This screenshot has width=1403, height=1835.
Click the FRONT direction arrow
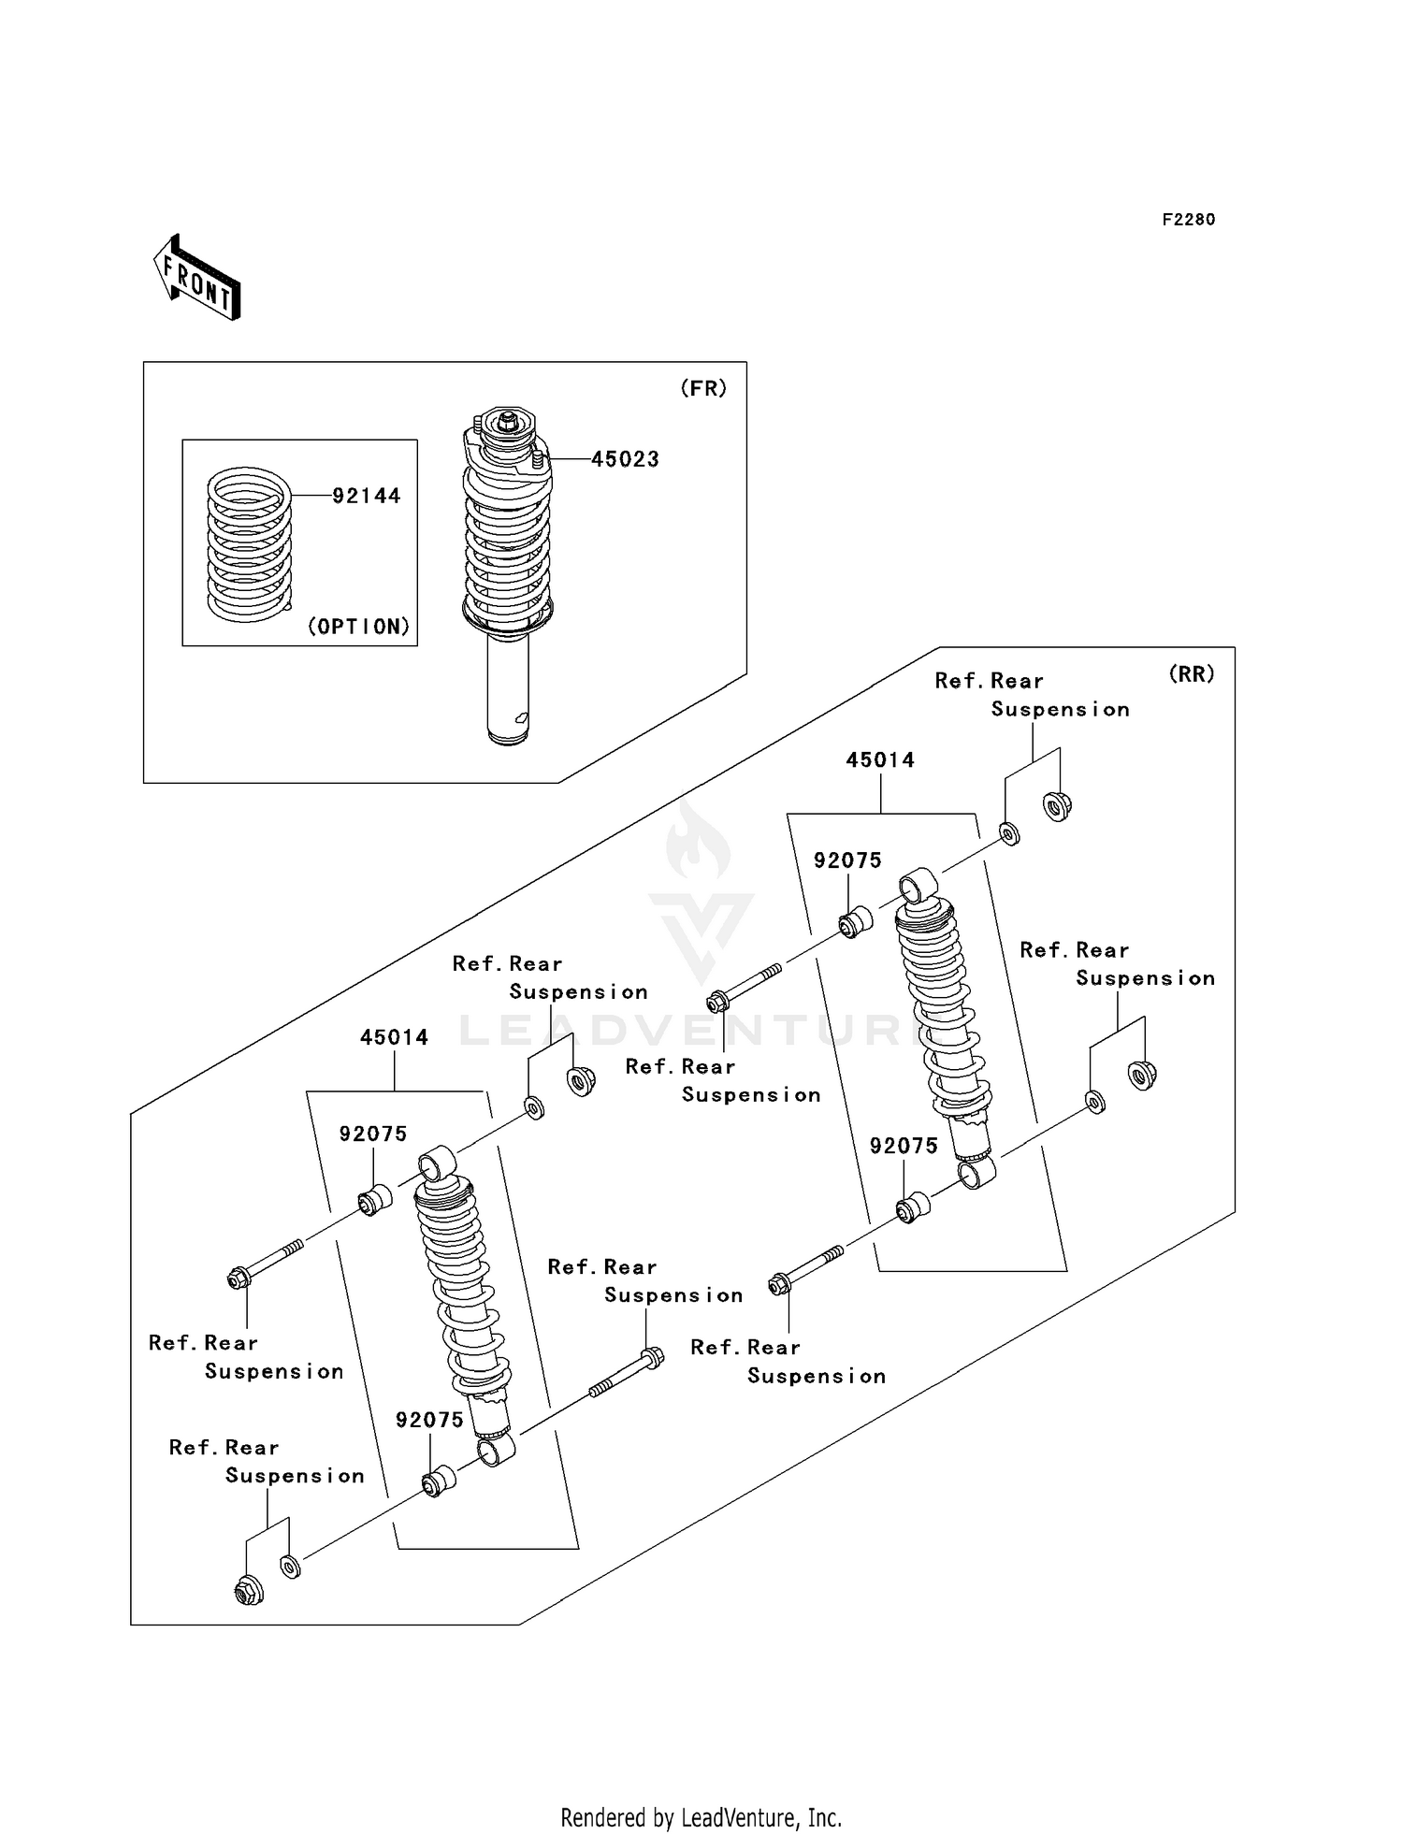[197, 279]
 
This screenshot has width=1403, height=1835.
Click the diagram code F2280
[1188, 220]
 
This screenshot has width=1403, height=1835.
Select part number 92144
[367, 496]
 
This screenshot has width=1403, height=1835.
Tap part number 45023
[625, 459]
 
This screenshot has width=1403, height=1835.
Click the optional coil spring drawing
[249, 544]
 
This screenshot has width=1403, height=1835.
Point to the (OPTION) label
[359, 627]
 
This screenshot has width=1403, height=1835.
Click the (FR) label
[702, 388]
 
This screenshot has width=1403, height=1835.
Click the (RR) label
[1191, 673]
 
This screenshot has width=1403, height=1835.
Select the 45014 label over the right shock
[880, 760]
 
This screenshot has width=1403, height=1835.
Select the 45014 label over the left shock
[394, 1037]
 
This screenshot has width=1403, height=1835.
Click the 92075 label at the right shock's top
[847, 860]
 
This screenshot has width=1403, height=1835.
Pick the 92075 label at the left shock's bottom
[429, 1420]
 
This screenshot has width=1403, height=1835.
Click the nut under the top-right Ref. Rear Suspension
[1057, 805]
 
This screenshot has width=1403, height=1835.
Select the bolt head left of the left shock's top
[238, 1278]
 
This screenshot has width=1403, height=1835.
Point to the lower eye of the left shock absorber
[495, 1451]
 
